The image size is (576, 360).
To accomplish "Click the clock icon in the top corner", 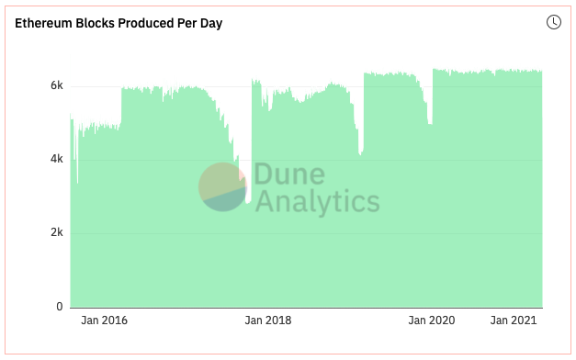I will pos(554,22).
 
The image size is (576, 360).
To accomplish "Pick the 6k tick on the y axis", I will pos(57,85).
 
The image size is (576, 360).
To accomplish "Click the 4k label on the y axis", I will pos(57,159).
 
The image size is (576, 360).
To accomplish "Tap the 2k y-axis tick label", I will pos(57,233).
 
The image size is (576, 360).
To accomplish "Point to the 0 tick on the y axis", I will pos(60,307).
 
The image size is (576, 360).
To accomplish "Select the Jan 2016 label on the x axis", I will pos(105,321).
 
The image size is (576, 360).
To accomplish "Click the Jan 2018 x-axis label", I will pos(268,321).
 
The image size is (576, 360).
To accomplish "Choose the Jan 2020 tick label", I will pos(432,321).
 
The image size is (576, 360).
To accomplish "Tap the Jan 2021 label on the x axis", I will pos(514,321).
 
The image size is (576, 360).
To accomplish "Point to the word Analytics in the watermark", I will pos(317,201).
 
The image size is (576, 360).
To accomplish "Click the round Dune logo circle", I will pos(222,186).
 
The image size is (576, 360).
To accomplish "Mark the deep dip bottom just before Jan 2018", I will pos(248,201).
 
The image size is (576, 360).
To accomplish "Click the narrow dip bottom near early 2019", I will pos(361,152).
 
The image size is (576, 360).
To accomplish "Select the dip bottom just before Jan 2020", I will pos(430,123).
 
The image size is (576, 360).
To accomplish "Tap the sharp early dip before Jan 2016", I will pos(77,183).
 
